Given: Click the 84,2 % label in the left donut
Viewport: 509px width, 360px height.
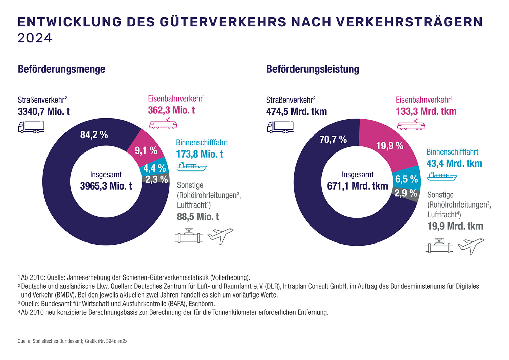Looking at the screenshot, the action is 94,135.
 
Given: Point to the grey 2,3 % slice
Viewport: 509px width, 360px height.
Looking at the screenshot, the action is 156,179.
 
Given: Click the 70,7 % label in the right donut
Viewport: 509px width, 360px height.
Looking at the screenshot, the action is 333,139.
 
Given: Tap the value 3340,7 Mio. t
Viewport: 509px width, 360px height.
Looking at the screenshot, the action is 44,112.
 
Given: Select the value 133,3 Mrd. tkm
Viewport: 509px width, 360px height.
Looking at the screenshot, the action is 426,111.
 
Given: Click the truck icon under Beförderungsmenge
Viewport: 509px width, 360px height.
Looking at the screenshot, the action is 31,127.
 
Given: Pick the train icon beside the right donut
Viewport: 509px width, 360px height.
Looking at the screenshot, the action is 411,124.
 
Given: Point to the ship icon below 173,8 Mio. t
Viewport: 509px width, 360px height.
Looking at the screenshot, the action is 192,167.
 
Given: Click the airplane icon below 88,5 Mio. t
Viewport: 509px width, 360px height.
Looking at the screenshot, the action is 221,236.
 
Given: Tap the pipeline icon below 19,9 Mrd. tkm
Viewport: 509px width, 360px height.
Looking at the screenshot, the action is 439,246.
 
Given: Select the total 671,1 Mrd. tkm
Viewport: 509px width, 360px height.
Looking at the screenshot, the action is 357,186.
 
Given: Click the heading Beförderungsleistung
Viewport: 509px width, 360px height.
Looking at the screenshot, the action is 313,69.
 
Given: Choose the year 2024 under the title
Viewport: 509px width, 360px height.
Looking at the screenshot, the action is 35,38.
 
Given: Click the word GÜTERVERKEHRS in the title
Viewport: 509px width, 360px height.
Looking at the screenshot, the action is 223,22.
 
